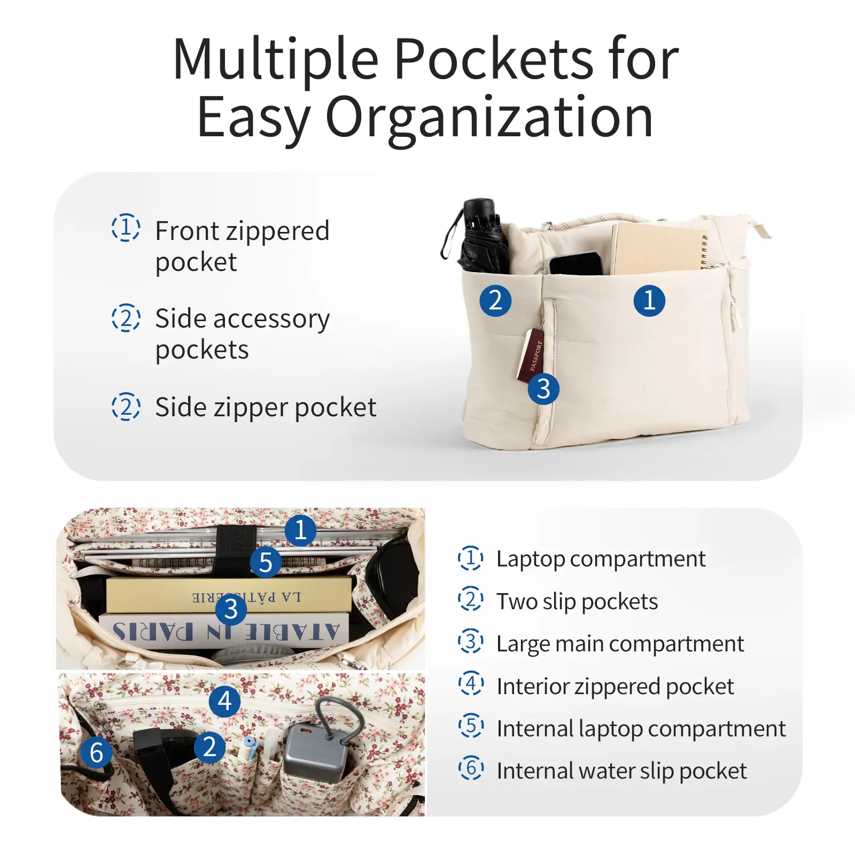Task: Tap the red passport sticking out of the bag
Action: (530, 355)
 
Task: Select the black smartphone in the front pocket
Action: (576, 264)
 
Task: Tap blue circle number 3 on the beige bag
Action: (543, 389)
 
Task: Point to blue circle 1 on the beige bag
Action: (649, 300)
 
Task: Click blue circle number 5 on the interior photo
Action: (266, 562)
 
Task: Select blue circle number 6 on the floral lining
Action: (97, 752)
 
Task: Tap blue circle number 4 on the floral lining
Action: (225, 701)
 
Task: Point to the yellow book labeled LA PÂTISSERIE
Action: (229, 595)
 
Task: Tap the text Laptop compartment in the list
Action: (601, 559)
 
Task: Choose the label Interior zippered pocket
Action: (615, 687)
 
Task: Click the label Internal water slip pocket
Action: (621, 771)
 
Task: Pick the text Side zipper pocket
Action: (266, 408)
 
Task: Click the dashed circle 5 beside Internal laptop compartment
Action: (471, 726)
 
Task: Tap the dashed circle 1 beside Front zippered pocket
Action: (126, 228)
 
